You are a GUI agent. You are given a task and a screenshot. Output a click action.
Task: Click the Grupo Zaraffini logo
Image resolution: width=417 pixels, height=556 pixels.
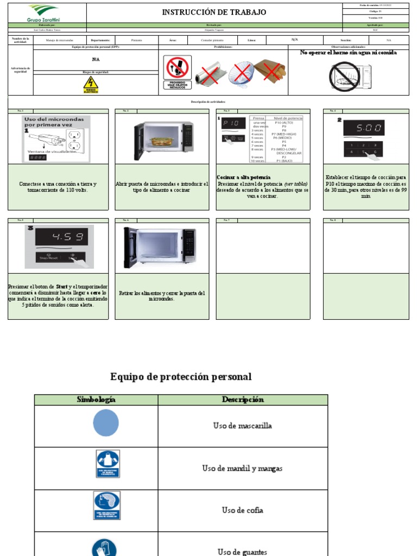point(47,13)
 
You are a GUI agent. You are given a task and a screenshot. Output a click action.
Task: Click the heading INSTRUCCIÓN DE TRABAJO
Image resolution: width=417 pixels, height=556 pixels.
point(214,12)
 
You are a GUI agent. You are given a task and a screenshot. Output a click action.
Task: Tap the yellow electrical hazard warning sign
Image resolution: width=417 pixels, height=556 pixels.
point(91,85)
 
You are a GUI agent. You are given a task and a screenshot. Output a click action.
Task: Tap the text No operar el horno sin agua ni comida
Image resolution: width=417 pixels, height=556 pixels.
point(349,53)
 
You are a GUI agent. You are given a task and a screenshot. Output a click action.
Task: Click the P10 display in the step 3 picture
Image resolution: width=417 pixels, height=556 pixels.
point(232,124)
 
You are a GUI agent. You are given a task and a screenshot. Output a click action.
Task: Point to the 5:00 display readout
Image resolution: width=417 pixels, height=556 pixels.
point(363,128)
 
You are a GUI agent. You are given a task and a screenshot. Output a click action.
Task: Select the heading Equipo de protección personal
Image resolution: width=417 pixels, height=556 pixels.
point(181,376)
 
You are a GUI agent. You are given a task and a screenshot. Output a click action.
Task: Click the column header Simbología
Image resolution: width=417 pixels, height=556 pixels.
point(96,400)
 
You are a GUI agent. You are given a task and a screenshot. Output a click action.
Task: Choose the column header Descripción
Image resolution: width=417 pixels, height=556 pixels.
point(243,400)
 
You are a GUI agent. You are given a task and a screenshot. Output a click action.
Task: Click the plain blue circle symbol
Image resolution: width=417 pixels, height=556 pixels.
point(106,423)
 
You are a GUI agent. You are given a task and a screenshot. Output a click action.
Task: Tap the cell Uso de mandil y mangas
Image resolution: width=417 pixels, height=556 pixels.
point(242,468)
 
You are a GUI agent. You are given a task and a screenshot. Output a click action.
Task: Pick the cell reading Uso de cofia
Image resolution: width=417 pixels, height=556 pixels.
point(242,510)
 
